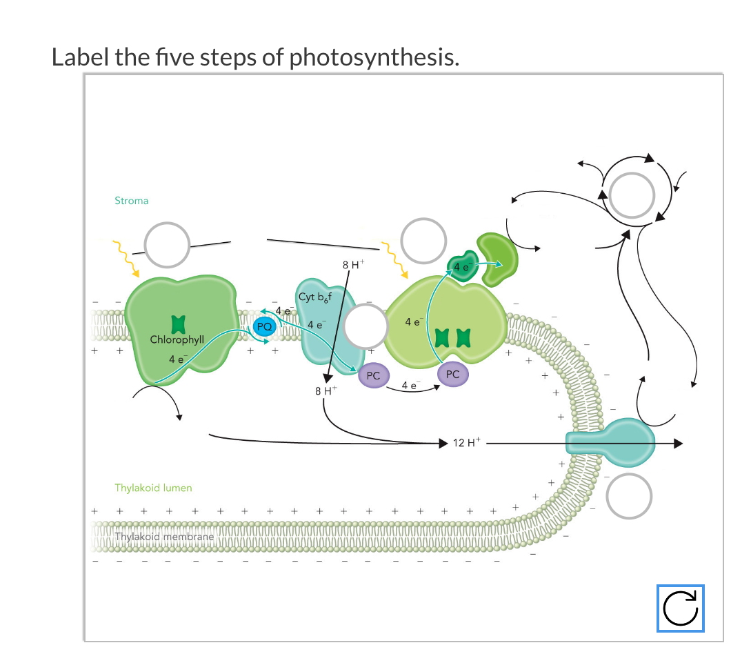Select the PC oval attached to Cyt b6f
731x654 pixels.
tap(374, 376)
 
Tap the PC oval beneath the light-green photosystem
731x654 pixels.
tap(452, 374)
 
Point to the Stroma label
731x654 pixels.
tap(131, 201)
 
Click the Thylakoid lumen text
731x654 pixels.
tap(153, 488)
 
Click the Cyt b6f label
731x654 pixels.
tap(315, 297)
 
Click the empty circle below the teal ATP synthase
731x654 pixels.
tap(629, 495)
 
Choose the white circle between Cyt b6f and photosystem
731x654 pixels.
tap(366, 328)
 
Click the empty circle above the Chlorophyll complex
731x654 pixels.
tap(166, 245)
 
